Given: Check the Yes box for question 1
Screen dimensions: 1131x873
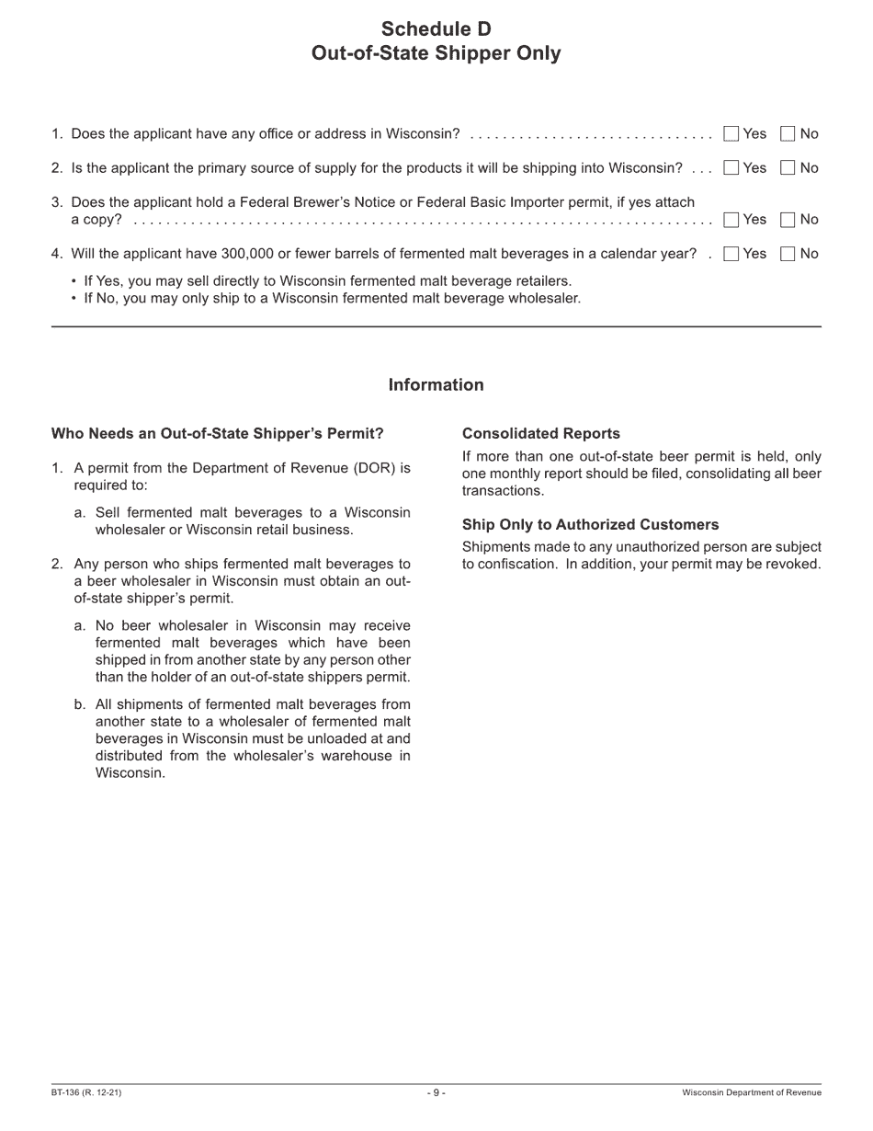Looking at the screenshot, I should click(731, 134).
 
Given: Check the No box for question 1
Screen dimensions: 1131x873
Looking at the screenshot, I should click(788, 134).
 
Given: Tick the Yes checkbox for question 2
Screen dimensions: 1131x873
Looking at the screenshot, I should click(731, 168).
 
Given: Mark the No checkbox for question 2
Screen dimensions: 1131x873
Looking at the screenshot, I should click(788, 168).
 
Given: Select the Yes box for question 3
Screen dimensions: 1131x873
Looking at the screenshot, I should click(731, 220).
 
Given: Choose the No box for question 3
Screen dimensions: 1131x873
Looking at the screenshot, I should click(788, 220).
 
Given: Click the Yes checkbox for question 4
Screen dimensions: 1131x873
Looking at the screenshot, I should click(731, 254).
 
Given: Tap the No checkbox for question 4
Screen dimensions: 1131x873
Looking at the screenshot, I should click(788, 254).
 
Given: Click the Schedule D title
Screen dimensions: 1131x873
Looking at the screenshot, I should click(436, 29).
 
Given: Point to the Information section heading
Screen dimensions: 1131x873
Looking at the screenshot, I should click(436, 385).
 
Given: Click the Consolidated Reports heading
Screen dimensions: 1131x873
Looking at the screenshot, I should click(540, 434).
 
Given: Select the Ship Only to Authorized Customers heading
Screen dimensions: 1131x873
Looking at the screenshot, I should click(590, 525).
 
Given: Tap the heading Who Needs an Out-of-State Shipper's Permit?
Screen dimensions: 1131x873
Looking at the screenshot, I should click(217, 434).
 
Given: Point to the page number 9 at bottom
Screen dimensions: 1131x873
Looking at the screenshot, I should click(436, 1092).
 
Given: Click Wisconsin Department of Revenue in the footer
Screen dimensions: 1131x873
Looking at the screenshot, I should click(751, 1092).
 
